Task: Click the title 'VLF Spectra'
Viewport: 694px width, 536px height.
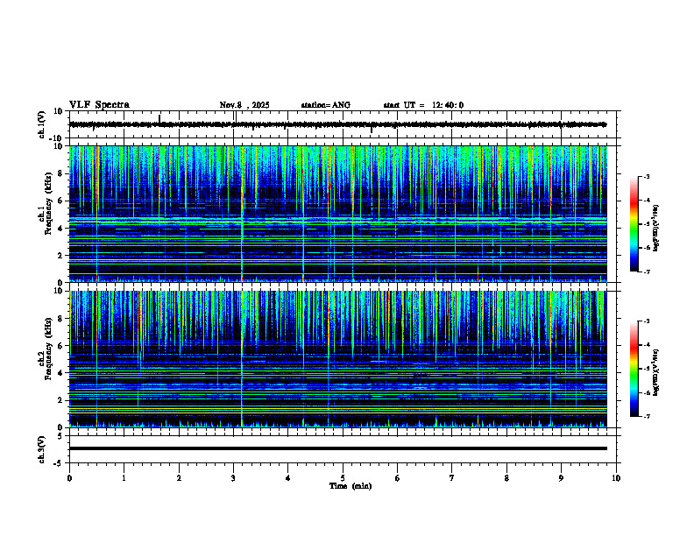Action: coord(99,104)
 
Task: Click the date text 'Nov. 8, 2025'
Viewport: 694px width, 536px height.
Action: coord(244,105)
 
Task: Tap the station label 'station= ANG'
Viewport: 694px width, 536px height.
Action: coord(325,105)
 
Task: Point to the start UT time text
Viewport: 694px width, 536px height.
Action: coord(423,105)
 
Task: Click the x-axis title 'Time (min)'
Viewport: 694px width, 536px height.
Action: coord(350,485)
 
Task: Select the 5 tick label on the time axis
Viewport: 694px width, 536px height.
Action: coord(343,477)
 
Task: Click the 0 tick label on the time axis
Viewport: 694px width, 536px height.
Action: coord(69,477)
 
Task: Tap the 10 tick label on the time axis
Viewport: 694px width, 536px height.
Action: coord(616,477)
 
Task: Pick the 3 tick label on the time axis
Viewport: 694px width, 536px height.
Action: coord(233,477)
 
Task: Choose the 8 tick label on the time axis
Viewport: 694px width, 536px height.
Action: coord(506,477)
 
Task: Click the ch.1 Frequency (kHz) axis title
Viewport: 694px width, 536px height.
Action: coord(45,214)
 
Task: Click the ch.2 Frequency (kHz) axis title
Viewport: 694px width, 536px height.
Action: coord(45,357)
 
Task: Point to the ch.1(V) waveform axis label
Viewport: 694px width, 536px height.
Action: coord(41,124)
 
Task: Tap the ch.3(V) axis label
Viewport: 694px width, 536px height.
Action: coord(41,448)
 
